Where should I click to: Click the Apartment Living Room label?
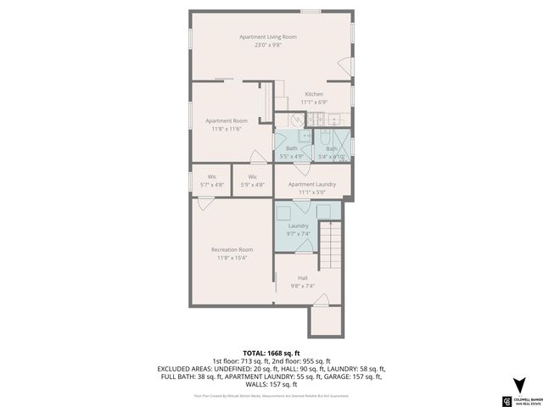point(267,37)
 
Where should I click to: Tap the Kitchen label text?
point(314,93)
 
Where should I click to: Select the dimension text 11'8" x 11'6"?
point(227,129)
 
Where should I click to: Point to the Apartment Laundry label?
point(311,184)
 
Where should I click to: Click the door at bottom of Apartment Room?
point(256,156)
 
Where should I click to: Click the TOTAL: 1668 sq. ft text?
point(271,353)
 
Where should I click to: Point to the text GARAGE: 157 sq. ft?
point(341,376)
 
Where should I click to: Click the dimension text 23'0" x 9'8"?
point(267,45)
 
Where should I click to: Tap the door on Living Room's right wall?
point(344,65)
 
